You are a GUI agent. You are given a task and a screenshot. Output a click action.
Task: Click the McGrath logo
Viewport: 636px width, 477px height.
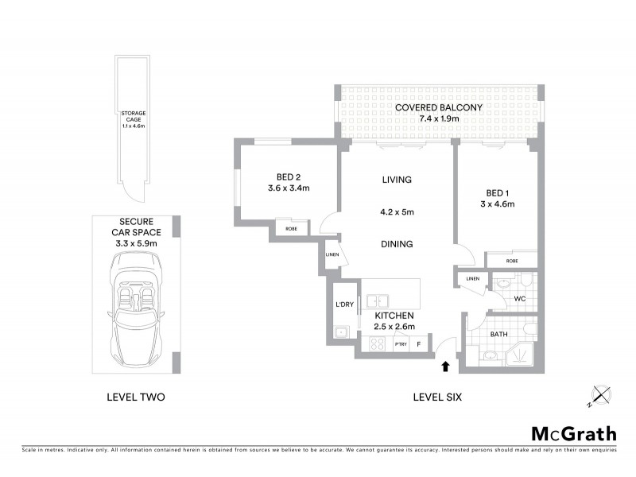573,433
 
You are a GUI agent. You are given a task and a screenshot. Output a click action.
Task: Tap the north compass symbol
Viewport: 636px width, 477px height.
601,395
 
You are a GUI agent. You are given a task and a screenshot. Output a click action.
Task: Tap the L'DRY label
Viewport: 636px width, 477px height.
344,304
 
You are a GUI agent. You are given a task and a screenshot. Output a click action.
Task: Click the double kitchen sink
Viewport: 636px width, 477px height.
378,301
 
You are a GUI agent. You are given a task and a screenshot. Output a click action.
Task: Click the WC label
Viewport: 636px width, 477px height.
519,299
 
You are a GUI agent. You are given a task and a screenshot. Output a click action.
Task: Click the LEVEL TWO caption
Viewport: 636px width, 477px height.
135,397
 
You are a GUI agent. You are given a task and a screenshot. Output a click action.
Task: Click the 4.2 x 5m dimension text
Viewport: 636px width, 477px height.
397,212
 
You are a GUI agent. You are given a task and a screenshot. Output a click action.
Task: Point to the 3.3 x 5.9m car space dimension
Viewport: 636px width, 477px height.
137,242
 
